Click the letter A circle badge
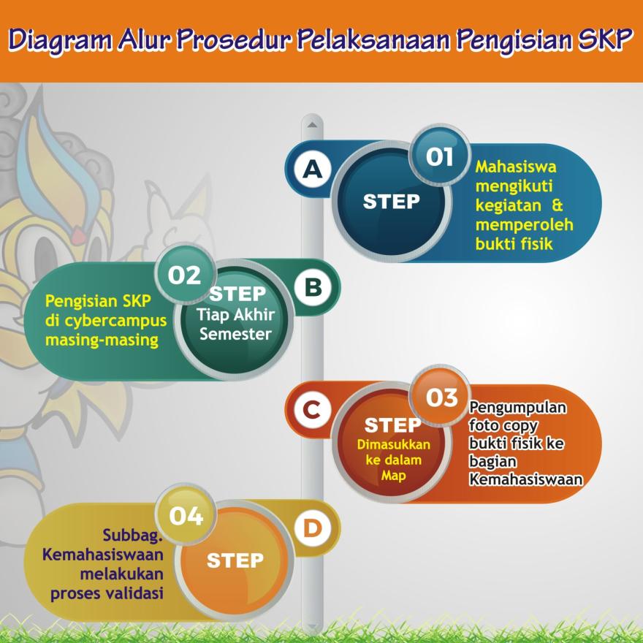tap(313, 169)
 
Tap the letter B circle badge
tap(313, 286)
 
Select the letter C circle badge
tap(313, 410)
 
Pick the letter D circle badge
tap(313, 528)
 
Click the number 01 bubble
tap(440, 156)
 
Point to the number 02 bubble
tap(186, 274)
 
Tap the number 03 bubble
tap(441, 397)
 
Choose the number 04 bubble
tap(186, 515)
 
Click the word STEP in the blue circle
tap(391, 202)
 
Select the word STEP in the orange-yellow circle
tap(235, 560)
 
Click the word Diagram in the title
tap(60, 41)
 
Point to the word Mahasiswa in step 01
tap(516, 167)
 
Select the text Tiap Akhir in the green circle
tap(235, 315)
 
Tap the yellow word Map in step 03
tap(393, 476)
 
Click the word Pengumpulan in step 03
tap(518, 408)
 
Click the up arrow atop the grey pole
tap(312, 124)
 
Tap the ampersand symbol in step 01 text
tap(557, 205)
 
